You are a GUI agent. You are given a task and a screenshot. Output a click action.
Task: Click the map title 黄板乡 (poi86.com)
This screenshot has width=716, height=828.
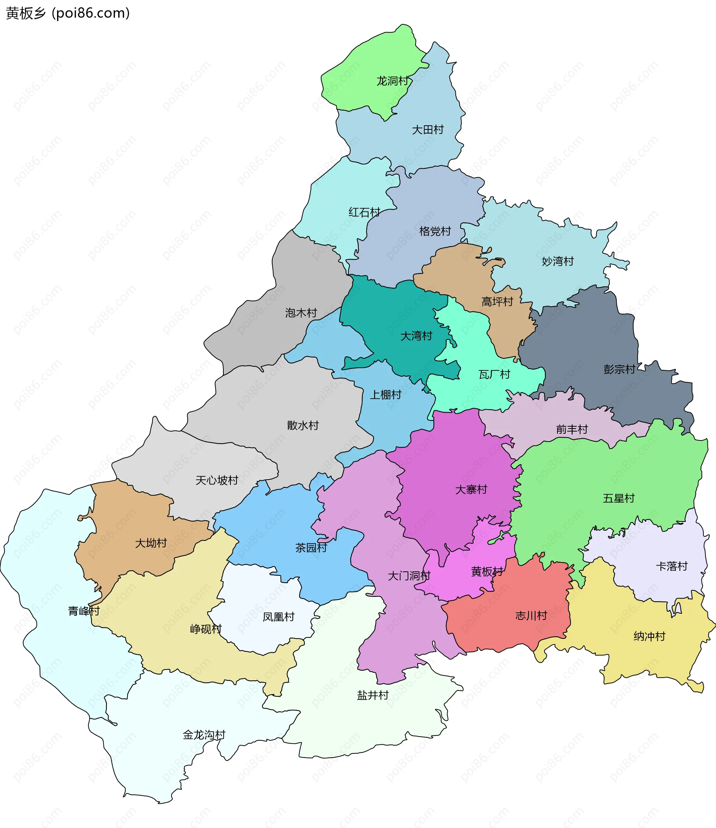point(68,13)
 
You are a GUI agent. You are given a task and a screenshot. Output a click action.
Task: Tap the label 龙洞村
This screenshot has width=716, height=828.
point(393,81)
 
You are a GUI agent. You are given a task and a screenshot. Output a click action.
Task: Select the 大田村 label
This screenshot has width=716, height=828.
point(427,130)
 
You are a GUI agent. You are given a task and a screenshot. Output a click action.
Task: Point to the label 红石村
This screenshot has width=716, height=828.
point(364,212)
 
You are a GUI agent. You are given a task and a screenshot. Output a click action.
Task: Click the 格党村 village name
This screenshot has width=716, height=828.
point(435,231)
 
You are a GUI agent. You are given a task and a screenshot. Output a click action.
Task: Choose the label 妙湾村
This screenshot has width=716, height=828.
point(558,261)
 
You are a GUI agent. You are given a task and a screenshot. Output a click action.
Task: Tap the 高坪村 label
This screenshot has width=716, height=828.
point(497,302)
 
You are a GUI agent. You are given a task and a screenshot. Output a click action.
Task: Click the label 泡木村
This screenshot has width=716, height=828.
point(301,313)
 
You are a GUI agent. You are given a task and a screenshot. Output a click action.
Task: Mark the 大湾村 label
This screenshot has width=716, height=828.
point(416,336)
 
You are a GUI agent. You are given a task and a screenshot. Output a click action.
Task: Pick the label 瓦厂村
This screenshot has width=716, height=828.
point(494,374)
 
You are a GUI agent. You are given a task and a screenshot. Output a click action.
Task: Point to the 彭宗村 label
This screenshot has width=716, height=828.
point(619,369)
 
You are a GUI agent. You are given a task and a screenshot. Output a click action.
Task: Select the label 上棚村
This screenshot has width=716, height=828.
point(385,395)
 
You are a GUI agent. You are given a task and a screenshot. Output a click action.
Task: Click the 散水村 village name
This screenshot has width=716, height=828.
point(302,425)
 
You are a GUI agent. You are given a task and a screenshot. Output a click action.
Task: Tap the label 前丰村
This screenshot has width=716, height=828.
point(572,430)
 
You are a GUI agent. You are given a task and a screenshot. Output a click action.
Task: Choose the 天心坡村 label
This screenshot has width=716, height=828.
point(217,480)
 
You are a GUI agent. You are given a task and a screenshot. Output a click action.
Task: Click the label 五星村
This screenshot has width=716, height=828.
point(619,498)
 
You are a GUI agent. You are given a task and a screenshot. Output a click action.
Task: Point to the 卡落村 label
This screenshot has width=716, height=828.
point(672,566)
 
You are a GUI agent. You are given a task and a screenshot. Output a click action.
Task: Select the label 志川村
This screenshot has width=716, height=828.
point(531,615)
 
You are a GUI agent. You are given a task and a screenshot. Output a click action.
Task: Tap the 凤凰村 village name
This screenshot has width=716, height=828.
point(278,617)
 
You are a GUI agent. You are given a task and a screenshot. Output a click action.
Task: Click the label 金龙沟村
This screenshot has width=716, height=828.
point(204,735)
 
